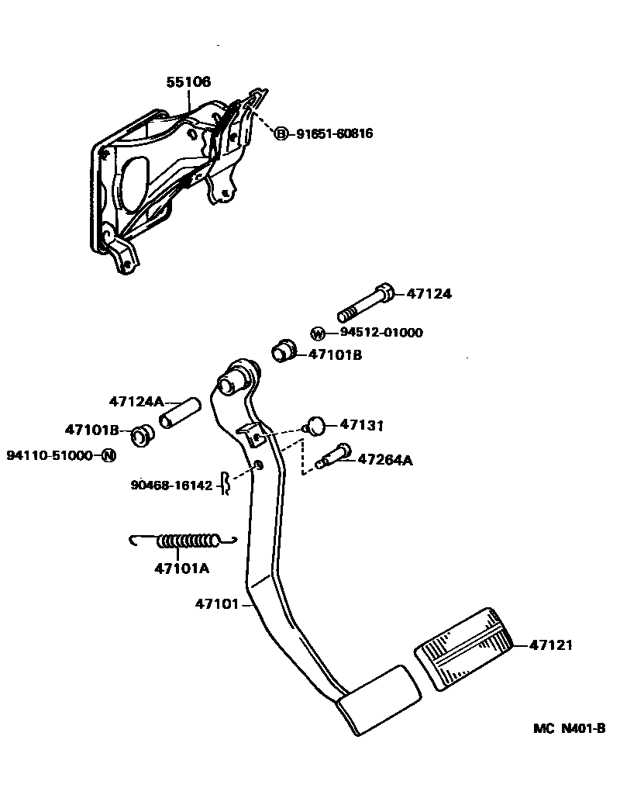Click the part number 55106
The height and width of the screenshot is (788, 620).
tap(188, 82)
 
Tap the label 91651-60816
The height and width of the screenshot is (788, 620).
tap(334, 133)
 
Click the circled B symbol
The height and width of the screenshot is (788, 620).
tap(281, 133)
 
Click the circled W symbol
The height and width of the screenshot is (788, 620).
tap(318, 334)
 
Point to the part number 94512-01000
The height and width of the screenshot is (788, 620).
tap(381, 333)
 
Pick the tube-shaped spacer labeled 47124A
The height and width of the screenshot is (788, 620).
tap(180, 413)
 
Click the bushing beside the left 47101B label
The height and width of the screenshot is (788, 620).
tap(140, 435)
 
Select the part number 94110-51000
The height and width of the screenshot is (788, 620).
tap(50, 455)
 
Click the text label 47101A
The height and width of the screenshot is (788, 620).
tap(182, 569)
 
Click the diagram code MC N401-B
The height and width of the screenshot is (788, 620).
tap(568, 728)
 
